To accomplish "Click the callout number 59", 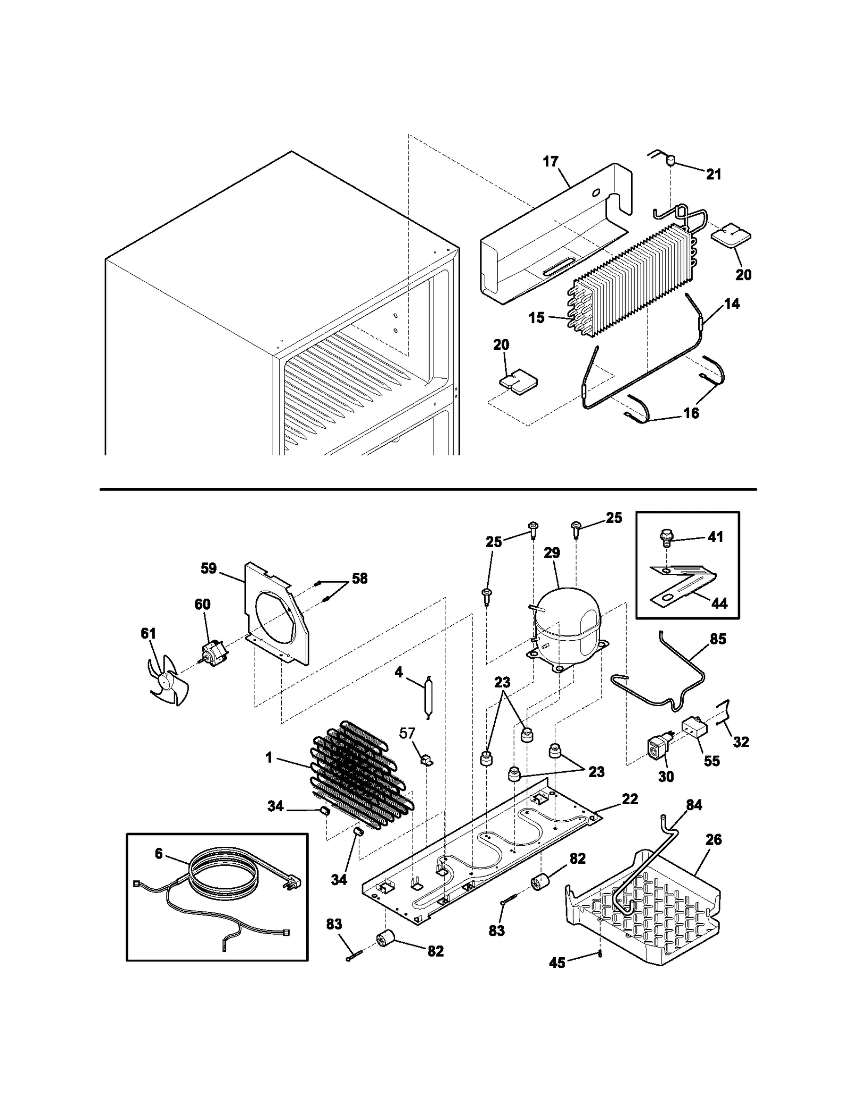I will pyautogui.click(x=209, y=568).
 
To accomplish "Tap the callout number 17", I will pyautogui.click(x=551, y=161).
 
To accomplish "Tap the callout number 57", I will pyautogui.click(x=407, y=733).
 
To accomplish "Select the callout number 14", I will pyautogui.click(x=732, y=304).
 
